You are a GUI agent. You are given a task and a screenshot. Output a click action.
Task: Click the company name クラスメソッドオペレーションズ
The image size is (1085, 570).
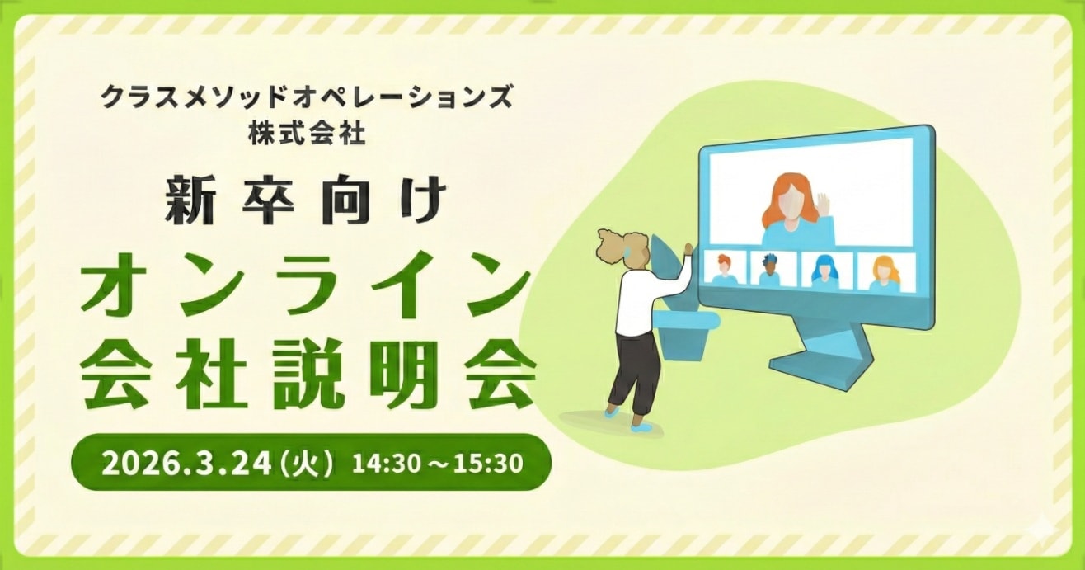click(x=306, y=98)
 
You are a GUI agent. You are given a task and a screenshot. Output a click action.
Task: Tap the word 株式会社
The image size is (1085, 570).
click(x=306, y=134)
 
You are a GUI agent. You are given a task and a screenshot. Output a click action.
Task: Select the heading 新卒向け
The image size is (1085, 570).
click(x=306, y=201)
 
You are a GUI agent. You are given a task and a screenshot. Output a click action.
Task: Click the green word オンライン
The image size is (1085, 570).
click(x=306, y=290)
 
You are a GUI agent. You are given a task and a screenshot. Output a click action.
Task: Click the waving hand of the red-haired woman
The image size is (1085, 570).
click(x=822, y=203)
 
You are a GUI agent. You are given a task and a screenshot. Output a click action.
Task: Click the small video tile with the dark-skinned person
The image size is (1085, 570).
click(x=770, y=270)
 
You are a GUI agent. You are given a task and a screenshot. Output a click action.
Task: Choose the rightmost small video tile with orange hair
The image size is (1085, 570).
click(x=884, y=271)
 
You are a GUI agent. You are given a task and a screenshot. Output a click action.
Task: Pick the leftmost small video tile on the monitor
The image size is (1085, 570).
click(x=724, y=270)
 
